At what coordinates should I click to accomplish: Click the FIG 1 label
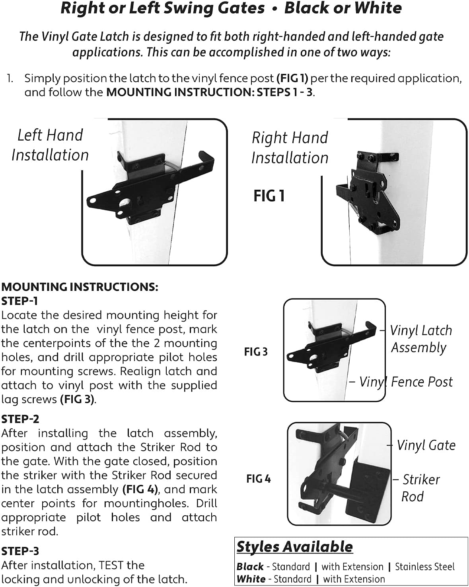click(x=269, y=196)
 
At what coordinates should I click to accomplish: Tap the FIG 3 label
click(x=256, y=352)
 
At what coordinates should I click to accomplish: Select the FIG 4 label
click(x=259, y=479)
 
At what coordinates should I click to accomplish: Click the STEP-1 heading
click(x=19, y=301)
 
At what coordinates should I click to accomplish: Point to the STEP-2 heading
click(x=20, y=419)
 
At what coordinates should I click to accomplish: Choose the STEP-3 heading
click(x=20, y=551)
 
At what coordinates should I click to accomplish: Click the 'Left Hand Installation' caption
click(x=50, y=145)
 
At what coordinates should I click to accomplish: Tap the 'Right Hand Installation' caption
click(x=290, y=147)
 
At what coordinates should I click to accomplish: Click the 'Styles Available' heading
click(x=294, y=547)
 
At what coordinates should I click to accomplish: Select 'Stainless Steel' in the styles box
click(x=424, y=567)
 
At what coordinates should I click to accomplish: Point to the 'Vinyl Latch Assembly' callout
click(x=420, y=339)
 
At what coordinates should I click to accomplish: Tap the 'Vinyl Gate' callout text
click(x=426, y=445)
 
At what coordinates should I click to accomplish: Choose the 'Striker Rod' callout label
click(x=420, y=488)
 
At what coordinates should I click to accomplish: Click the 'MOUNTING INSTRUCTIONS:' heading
click(x=80, y=287)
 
